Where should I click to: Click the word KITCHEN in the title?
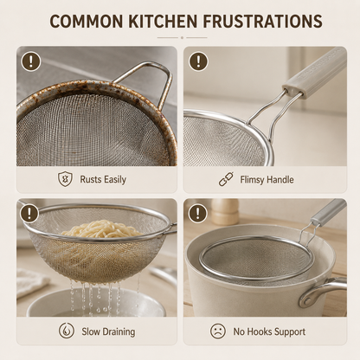click(163, 21)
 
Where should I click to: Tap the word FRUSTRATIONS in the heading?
click(262, 21)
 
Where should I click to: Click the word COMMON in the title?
click(87, 21)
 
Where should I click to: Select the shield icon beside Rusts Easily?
click(64, 179)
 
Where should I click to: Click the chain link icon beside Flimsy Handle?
click(226, 179)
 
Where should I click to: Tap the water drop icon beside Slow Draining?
click(67, 331)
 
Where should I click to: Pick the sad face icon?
click(218, 331)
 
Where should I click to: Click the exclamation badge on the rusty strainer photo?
click(30, 61)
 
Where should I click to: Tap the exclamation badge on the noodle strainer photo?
click(29, 214)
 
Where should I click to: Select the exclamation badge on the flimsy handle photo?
click(198, 61)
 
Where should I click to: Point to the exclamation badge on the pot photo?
click(197, 214)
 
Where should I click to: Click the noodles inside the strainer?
click(101, 228)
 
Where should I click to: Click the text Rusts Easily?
click(103, 179)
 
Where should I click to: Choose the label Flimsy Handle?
click(267, 180)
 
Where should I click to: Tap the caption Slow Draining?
click(108, 331)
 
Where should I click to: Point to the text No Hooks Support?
click(269, 331)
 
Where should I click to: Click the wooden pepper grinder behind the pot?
click(225, 211)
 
